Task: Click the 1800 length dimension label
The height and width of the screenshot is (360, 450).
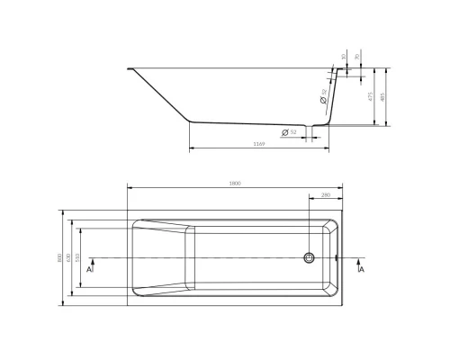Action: click(235, 184)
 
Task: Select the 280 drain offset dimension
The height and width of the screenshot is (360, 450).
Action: click(325, 193)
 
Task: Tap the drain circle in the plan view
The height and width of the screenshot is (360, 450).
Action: click(310, 258)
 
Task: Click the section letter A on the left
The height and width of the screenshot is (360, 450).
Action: click(90, 268)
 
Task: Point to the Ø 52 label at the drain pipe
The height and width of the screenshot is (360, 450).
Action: click(291, 133)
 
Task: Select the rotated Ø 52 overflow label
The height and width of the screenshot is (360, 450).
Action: click(323, 93)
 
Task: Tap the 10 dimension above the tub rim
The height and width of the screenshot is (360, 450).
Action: click(343, 56)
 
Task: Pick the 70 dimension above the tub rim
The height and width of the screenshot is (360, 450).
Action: click(356, 56)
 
